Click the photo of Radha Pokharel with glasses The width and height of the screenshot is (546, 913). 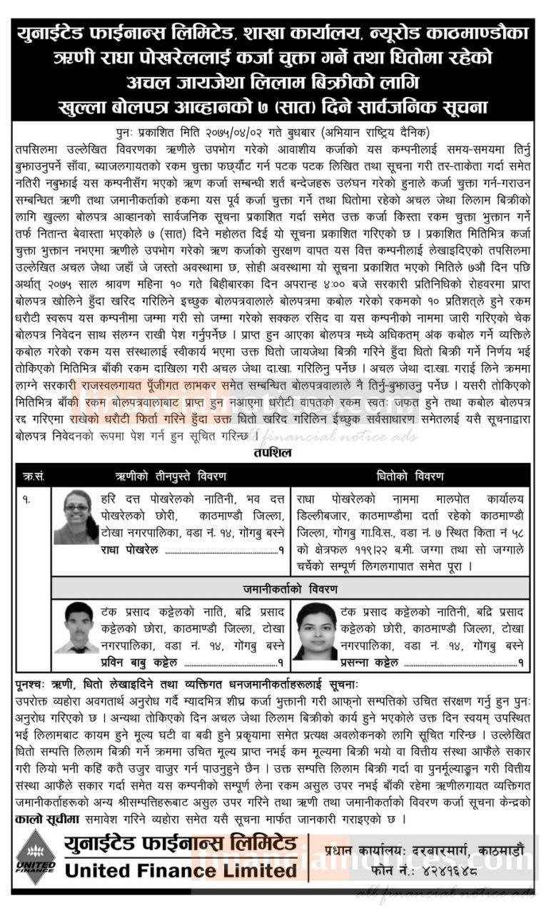[x=76, y=517]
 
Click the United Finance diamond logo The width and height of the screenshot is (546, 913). [x=35, y=857]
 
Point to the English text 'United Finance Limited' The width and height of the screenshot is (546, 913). [x=181, y=871]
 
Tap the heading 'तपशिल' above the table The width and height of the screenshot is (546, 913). [x=273, y=452]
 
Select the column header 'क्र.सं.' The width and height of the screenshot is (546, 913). [x=33, y=476]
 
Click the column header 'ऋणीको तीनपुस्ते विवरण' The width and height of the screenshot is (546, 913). [x=171, y=476]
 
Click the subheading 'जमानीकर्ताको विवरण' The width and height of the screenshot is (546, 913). [x=290, y=589]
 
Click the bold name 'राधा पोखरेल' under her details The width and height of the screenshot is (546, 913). [x=130, y=550]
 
